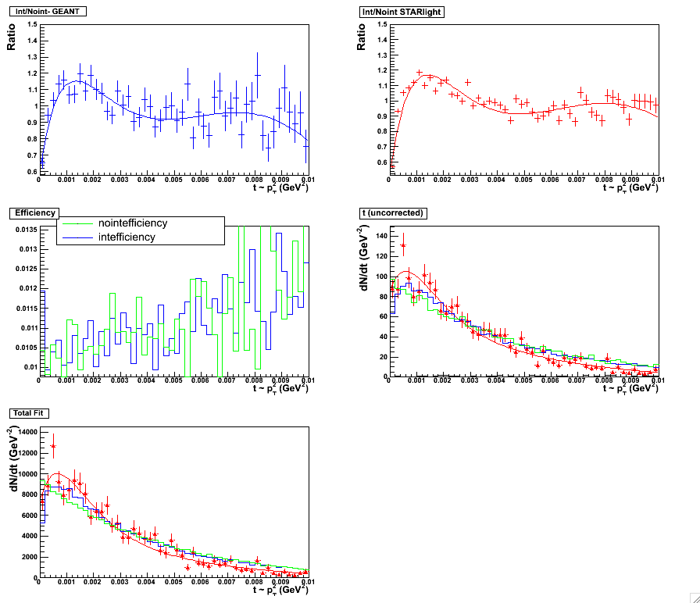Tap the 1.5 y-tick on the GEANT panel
tap(32, 24)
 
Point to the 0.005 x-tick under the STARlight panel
tap(523, 180)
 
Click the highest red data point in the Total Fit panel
tap(53, 446)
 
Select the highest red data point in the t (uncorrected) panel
tap(403, 245)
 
